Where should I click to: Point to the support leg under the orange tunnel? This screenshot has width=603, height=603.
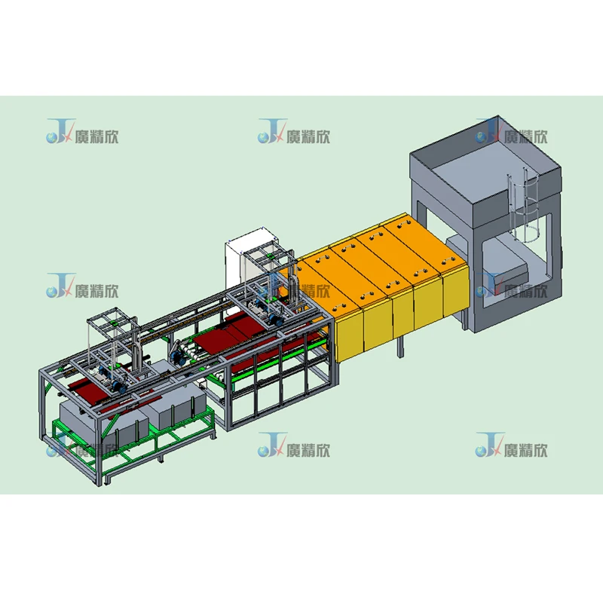coord(400,347)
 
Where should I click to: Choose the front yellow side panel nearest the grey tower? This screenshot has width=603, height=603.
coord(453,295)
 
